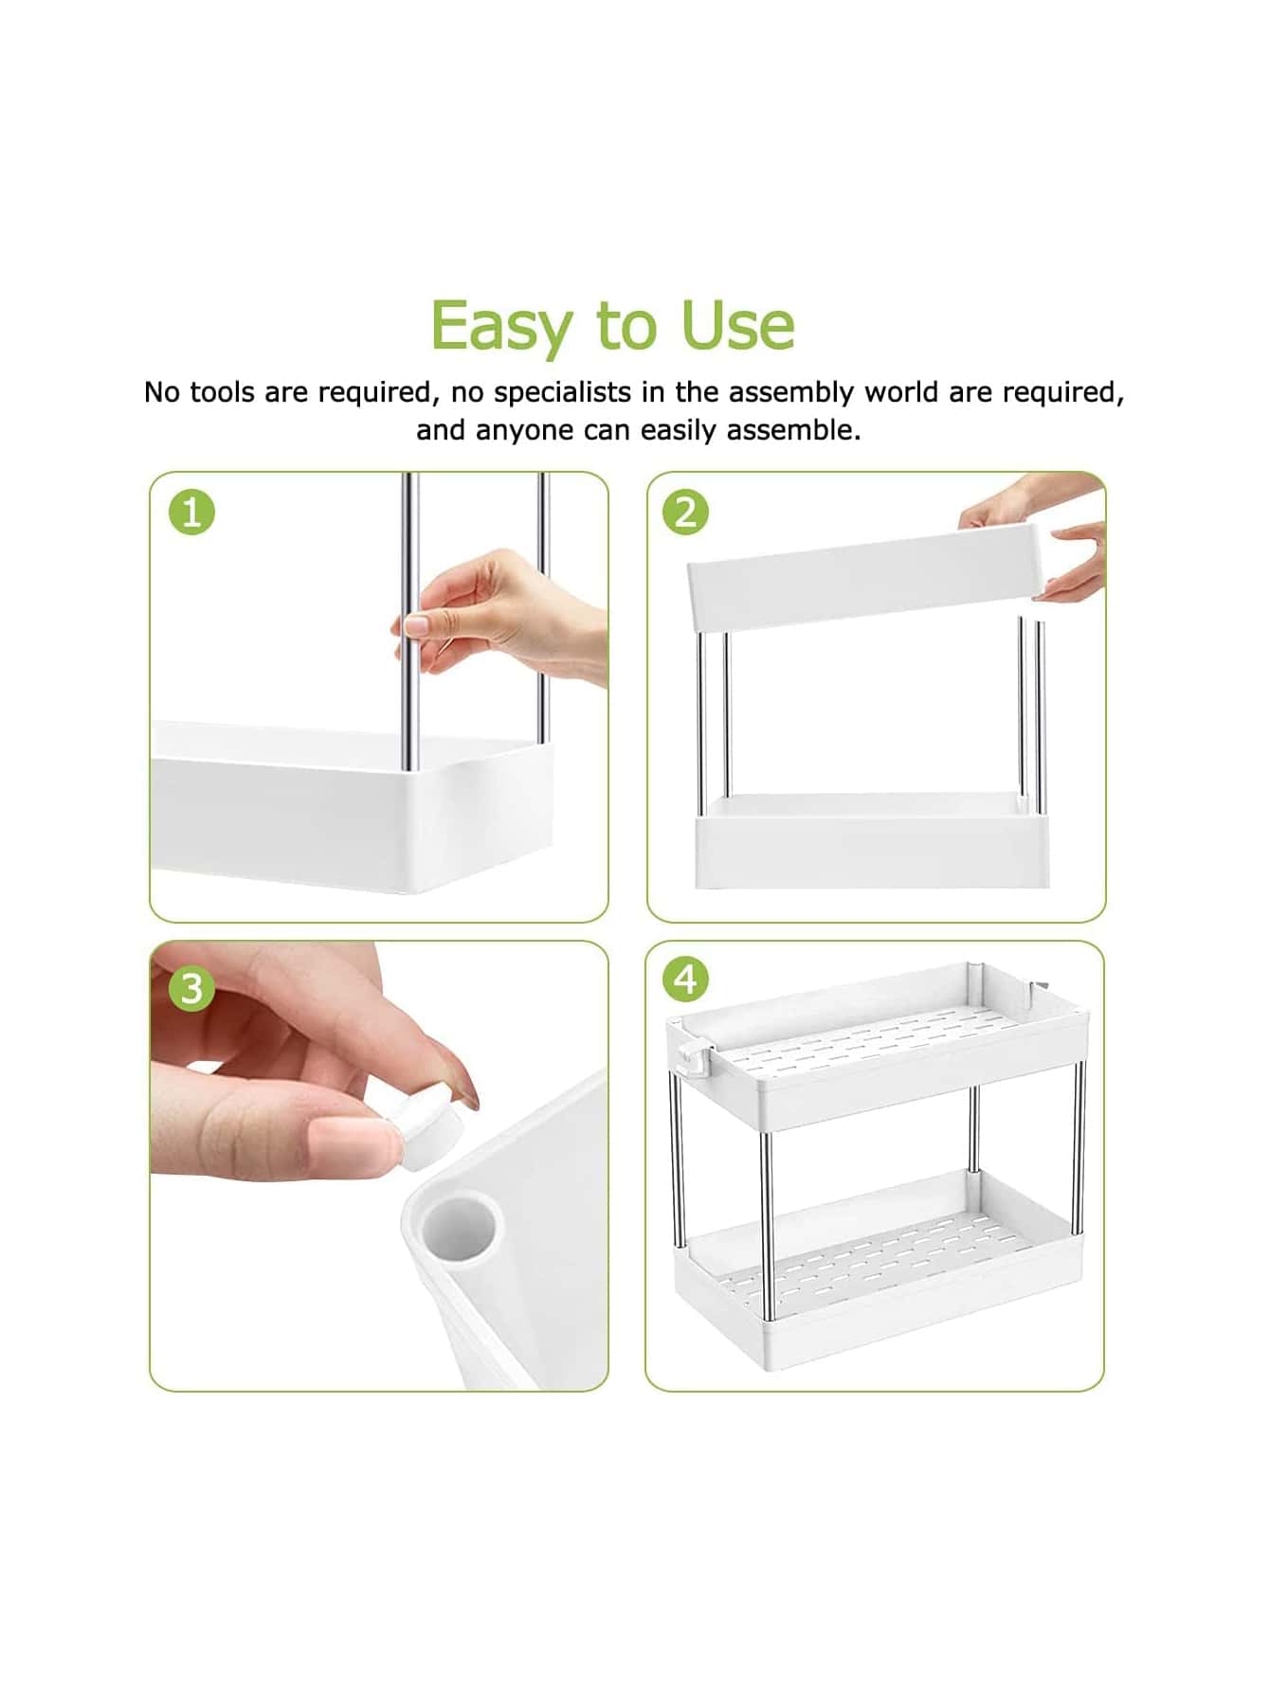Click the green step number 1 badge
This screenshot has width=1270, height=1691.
191,513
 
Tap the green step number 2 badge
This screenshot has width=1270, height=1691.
685,513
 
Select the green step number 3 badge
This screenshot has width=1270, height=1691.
191,988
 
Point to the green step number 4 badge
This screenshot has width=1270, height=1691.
686,979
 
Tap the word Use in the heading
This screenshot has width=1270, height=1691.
737,325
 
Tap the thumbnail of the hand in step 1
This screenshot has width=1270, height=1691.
417,626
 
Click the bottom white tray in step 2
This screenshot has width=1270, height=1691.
872,841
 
